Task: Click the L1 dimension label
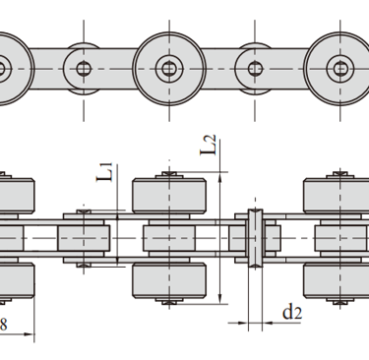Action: [x=105, y=172]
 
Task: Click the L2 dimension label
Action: [x=209, y=145]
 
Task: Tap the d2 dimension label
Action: [x=292, y=312]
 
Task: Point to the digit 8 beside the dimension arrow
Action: [x=3, y=325]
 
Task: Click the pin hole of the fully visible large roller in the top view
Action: [x=169, y=69]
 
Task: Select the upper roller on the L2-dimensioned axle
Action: [x=169, y=196]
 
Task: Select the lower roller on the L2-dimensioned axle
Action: [x=169, y=280]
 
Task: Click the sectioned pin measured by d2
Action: [x=256, y=238]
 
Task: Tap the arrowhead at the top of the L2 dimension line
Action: [x=220, y=177]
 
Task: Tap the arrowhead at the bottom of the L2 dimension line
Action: [x=220, y=299]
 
